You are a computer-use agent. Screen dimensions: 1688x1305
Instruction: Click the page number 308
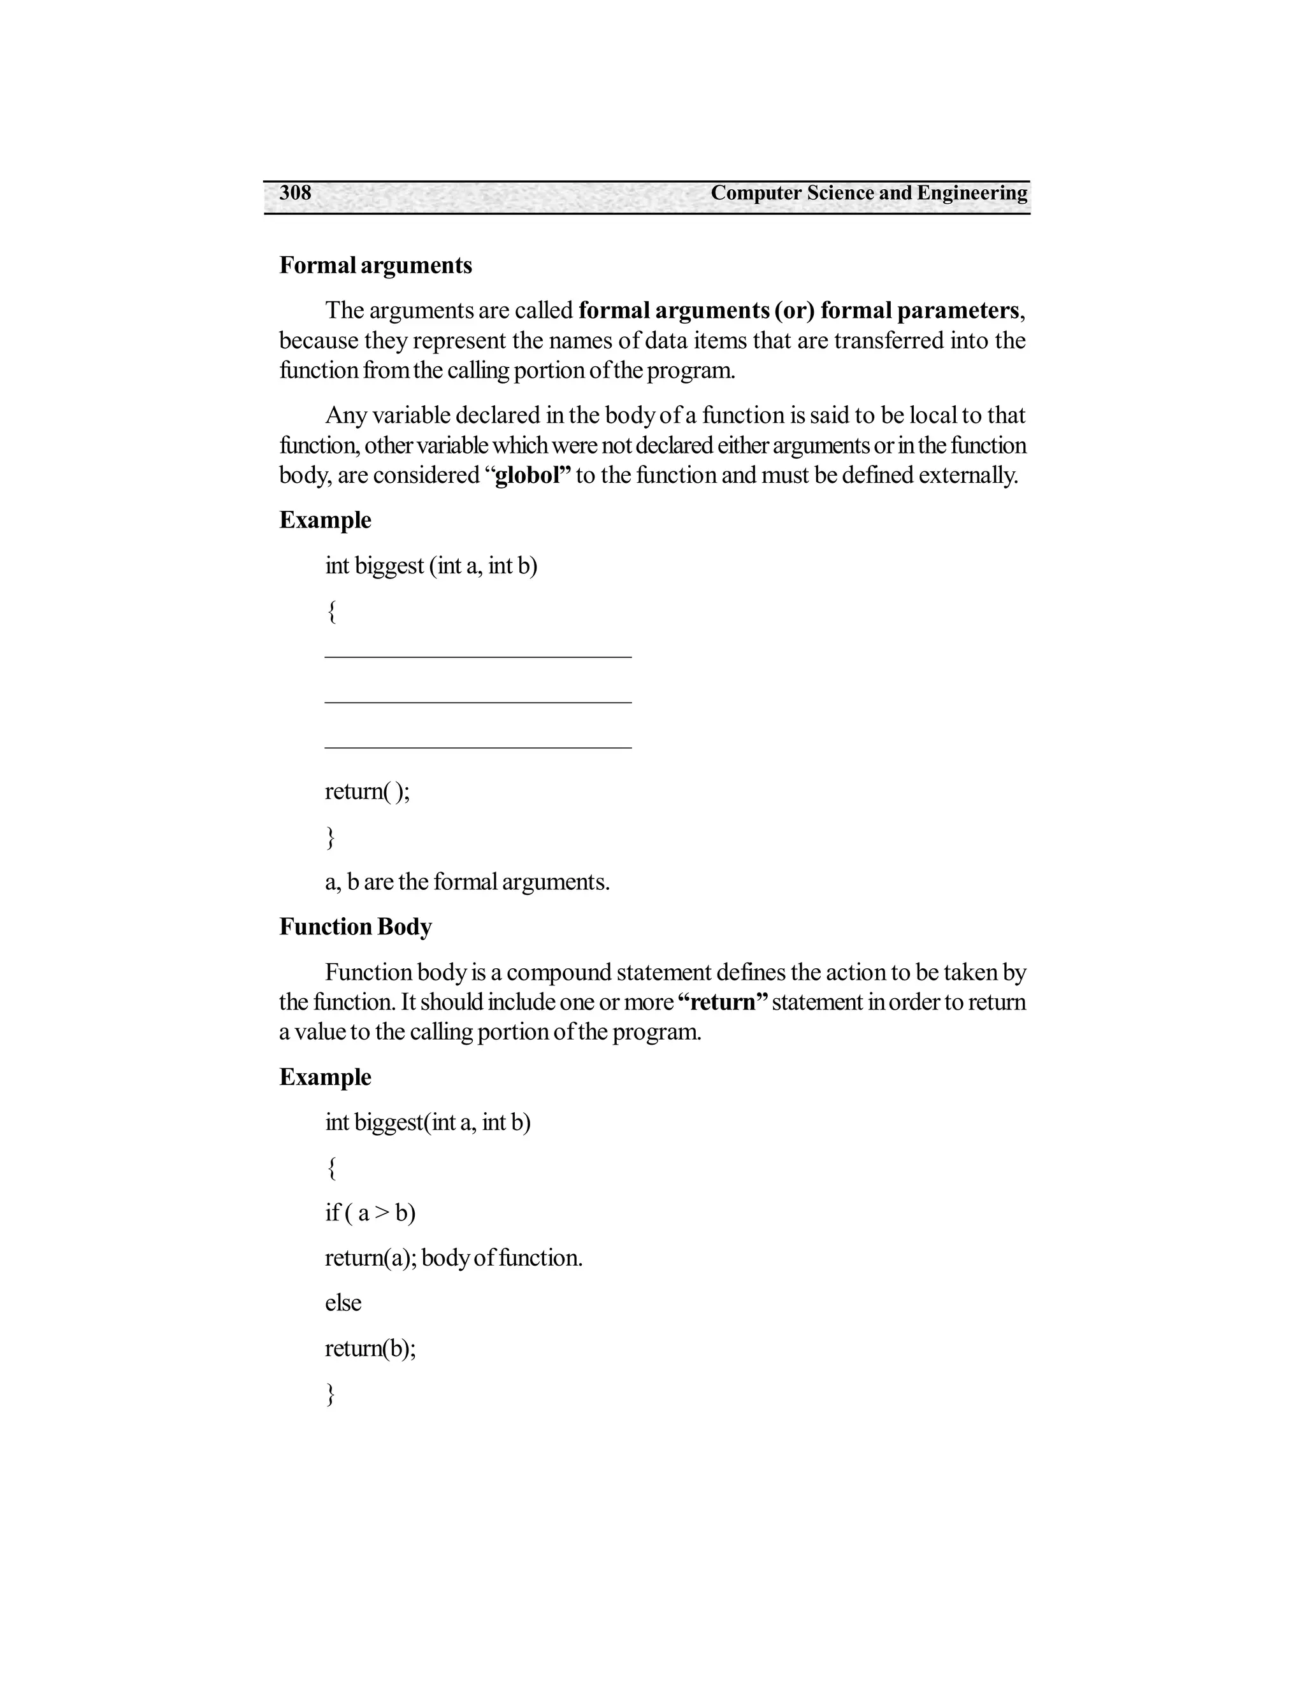click(x=294, y=192)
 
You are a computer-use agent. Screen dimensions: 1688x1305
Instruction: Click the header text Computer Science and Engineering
click(x=869, y=192)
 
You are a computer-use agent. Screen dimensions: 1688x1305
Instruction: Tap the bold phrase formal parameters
click(x=919, y=311)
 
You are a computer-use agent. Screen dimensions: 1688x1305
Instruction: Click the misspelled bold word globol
click(x=527, y=475)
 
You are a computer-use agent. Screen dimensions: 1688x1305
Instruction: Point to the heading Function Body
click(x=355, y=927)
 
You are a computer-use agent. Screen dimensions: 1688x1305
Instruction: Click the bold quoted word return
click(x=723, y=1003)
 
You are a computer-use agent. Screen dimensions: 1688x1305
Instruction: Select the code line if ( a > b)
click(x=370, y=1213)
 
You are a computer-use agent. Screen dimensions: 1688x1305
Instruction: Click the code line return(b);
click(x=370, y=1348)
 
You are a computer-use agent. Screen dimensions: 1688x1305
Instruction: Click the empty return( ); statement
click(x=366, y=791)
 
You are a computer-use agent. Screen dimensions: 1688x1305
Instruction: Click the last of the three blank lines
click(x=478, y=747)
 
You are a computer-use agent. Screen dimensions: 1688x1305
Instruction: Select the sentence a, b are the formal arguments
click(x=467, y=882)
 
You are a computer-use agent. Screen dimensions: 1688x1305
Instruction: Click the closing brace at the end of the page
click(x=330, y=1394)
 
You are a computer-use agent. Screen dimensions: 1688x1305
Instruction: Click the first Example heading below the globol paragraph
click(x=325, y=520)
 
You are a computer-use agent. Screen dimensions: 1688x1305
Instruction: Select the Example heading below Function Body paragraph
click(x=325, y=1077)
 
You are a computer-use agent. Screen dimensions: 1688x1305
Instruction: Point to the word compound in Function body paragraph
click(x=559, y=972)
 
